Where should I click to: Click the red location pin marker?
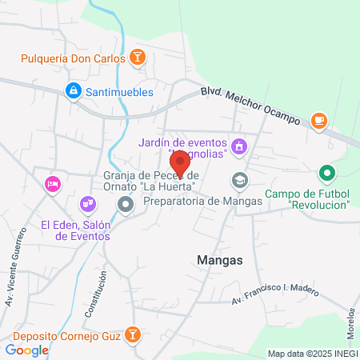pos(181,162)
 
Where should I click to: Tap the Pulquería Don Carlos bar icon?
pos(138,58)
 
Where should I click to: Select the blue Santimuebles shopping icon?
pos(73,91)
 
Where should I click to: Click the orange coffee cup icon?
pos(319,120)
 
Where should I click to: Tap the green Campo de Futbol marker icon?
pos(326,172)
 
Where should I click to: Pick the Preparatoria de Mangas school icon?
pos(238,181)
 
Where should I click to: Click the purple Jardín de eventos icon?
pos(239,146)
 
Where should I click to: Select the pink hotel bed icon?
pos(52,184)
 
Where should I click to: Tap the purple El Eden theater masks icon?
pos(86,206)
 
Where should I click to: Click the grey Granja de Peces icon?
pos(126,206)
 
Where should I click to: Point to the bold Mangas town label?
pos(219,259)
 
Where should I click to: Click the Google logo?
pos(26,350)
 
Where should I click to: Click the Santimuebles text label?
pos(120,91)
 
